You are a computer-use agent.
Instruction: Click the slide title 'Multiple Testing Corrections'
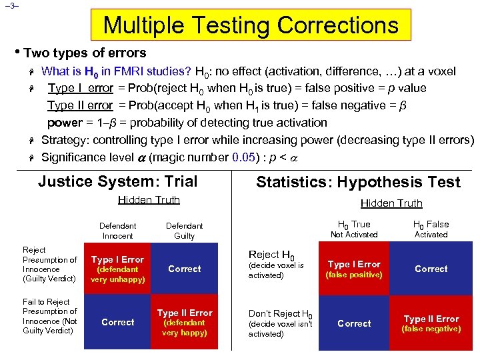pyautogui.click(x=251, y=25)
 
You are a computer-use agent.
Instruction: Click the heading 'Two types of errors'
pyautogui.click(x=85, y=53)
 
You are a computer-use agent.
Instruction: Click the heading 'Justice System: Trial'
pyautogui.click(x=118, y=181)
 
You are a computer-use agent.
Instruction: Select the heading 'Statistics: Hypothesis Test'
pyautogui.click(x=358, y=183)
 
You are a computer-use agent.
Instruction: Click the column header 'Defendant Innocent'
pyautogui.click(x=117, y=231)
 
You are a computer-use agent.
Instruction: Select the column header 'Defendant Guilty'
pyautogui.click(x=184, y=231)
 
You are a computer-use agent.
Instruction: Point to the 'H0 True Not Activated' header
pyautogui.click(x=354, y=229)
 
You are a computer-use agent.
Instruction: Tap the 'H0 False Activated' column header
pyautogui.click(x=431, y=229)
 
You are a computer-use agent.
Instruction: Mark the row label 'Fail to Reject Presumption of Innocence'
pyautogui.click(x=50, y=316)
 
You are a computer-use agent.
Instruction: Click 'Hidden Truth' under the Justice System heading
pyautogui.click(x=149, y=200)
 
